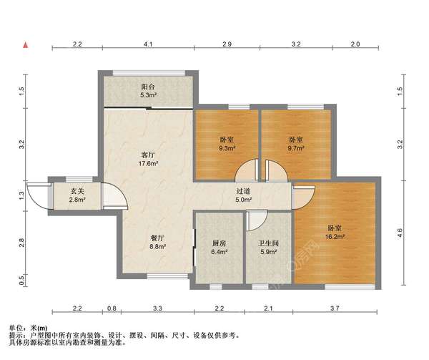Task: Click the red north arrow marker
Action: tap(26, 45)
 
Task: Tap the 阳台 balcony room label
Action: tap(148, 87)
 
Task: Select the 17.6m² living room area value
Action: tap(148, 164)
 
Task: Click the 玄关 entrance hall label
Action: tap(77, 191)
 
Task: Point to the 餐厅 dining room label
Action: tap(157, 238)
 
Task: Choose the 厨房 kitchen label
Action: tap(220, 243)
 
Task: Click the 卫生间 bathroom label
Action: tap(268, 243)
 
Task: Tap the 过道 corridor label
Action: tap(244, 191)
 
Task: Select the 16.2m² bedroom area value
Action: tap(335, 236)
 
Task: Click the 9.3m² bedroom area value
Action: tap(227, 148)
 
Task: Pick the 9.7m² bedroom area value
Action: tap(296, 148)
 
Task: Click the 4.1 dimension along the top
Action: tap(148, 44)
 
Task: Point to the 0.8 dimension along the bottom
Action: tap(112, 308)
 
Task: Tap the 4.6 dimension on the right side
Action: tap(400, 233)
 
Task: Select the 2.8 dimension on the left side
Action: tap(22, 243)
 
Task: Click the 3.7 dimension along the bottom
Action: tap(335, 308)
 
